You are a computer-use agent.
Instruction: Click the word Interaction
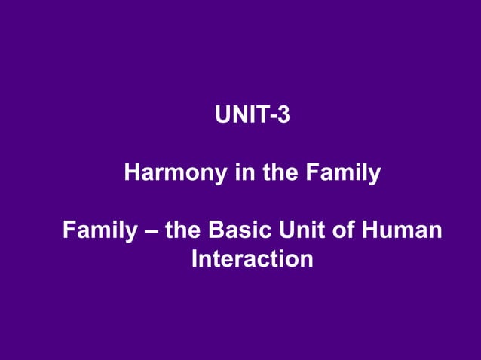pyautogui.click(x=252, y=259)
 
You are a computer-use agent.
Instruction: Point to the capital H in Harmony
pyautogui.click(x=132, y=174)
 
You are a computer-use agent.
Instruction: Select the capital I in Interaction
pyautogui.click(x=195, y=259)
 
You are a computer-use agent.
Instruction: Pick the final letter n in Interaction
pyautogui.click(x=306, y=261)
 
